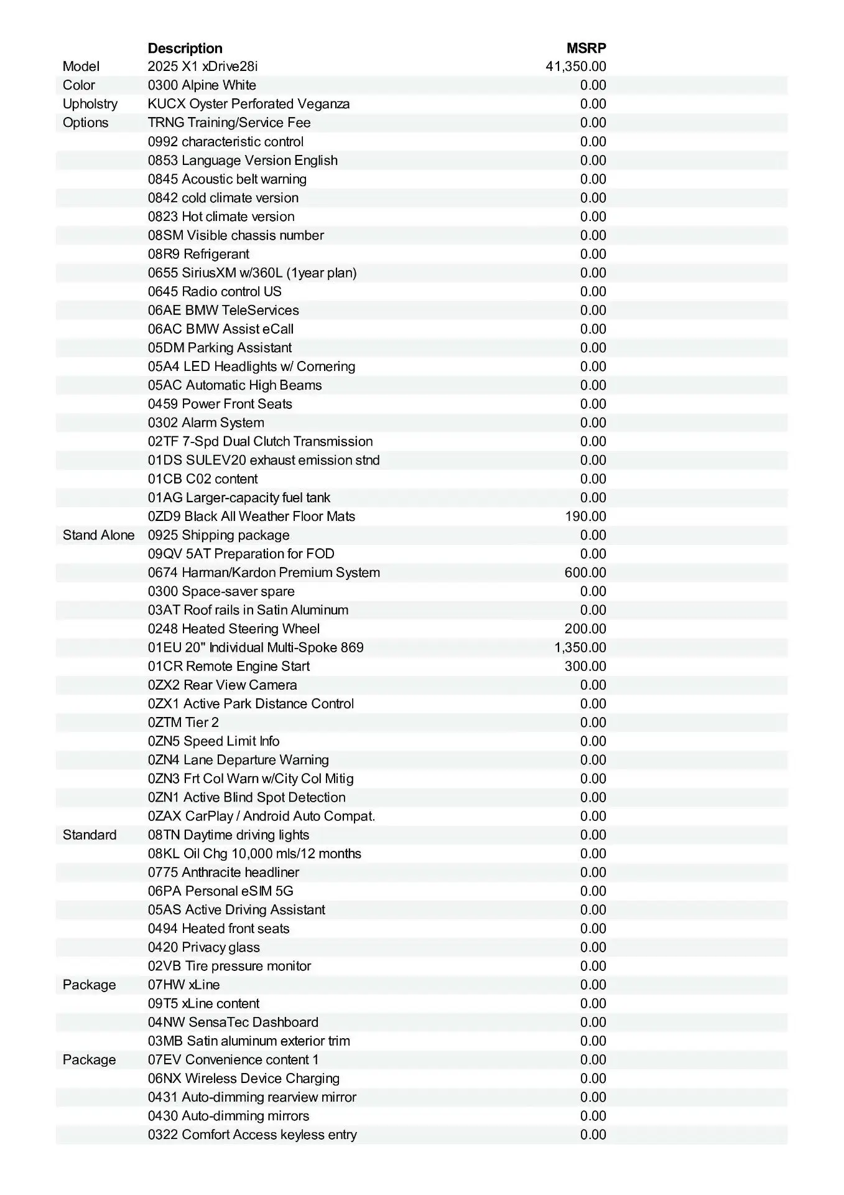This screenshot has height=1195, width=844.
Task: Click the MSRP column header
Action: [x=586, y=49]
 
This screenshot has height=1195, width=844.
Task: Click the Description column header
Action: [x=185, y=49]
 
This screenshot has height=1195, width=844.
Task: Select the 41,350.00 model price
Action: [x=575, y=67]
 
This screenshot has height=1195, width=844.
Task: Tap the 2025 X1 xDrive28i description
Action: [x=202, y=67]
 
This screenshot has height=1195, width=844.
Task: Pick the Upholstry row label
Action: [x=90, y=104]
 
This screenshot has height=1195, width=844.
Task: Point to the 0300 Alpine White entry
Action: [x=202, y=85]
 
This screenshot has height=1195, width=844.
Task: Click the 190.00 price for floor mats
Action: [x=585, y=517]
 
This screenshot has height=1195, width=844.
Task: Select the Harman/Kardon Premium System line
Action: [x=264, y=573]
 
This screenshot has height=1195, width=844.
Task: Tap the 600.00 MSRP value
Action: [x=585, y=573]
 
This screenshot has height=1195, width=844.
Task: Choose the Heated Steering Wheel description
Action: [x=234, y=629]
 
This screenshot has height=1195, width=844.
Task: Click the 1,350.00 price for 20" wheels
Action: [x=580, y=647]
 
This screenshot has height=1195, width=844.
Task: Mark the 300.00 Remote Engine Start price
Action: [x=585, y=666]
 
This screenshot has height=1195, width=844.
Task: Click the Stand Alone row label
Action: [x=98, y=535]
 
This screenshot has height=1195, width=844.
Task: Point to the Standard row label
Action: [x=90, y=835]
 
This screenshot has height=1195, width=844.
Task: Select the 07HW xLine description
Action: [x=183, y=985]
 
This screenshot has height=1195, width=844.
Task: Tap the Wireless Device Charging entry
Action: [x=244, y=1078]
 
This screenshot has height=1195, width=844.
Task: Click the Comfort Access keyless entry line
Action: [x=252, y=1135]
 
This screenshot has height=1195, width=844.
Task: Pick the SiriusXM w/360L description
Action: [x=252, y=273]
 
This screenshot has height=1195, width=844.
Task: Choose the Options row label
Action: [x=85, y=123]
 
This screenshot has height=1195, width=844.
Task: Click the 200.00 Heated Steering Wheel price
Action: [x=585, y=629]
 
